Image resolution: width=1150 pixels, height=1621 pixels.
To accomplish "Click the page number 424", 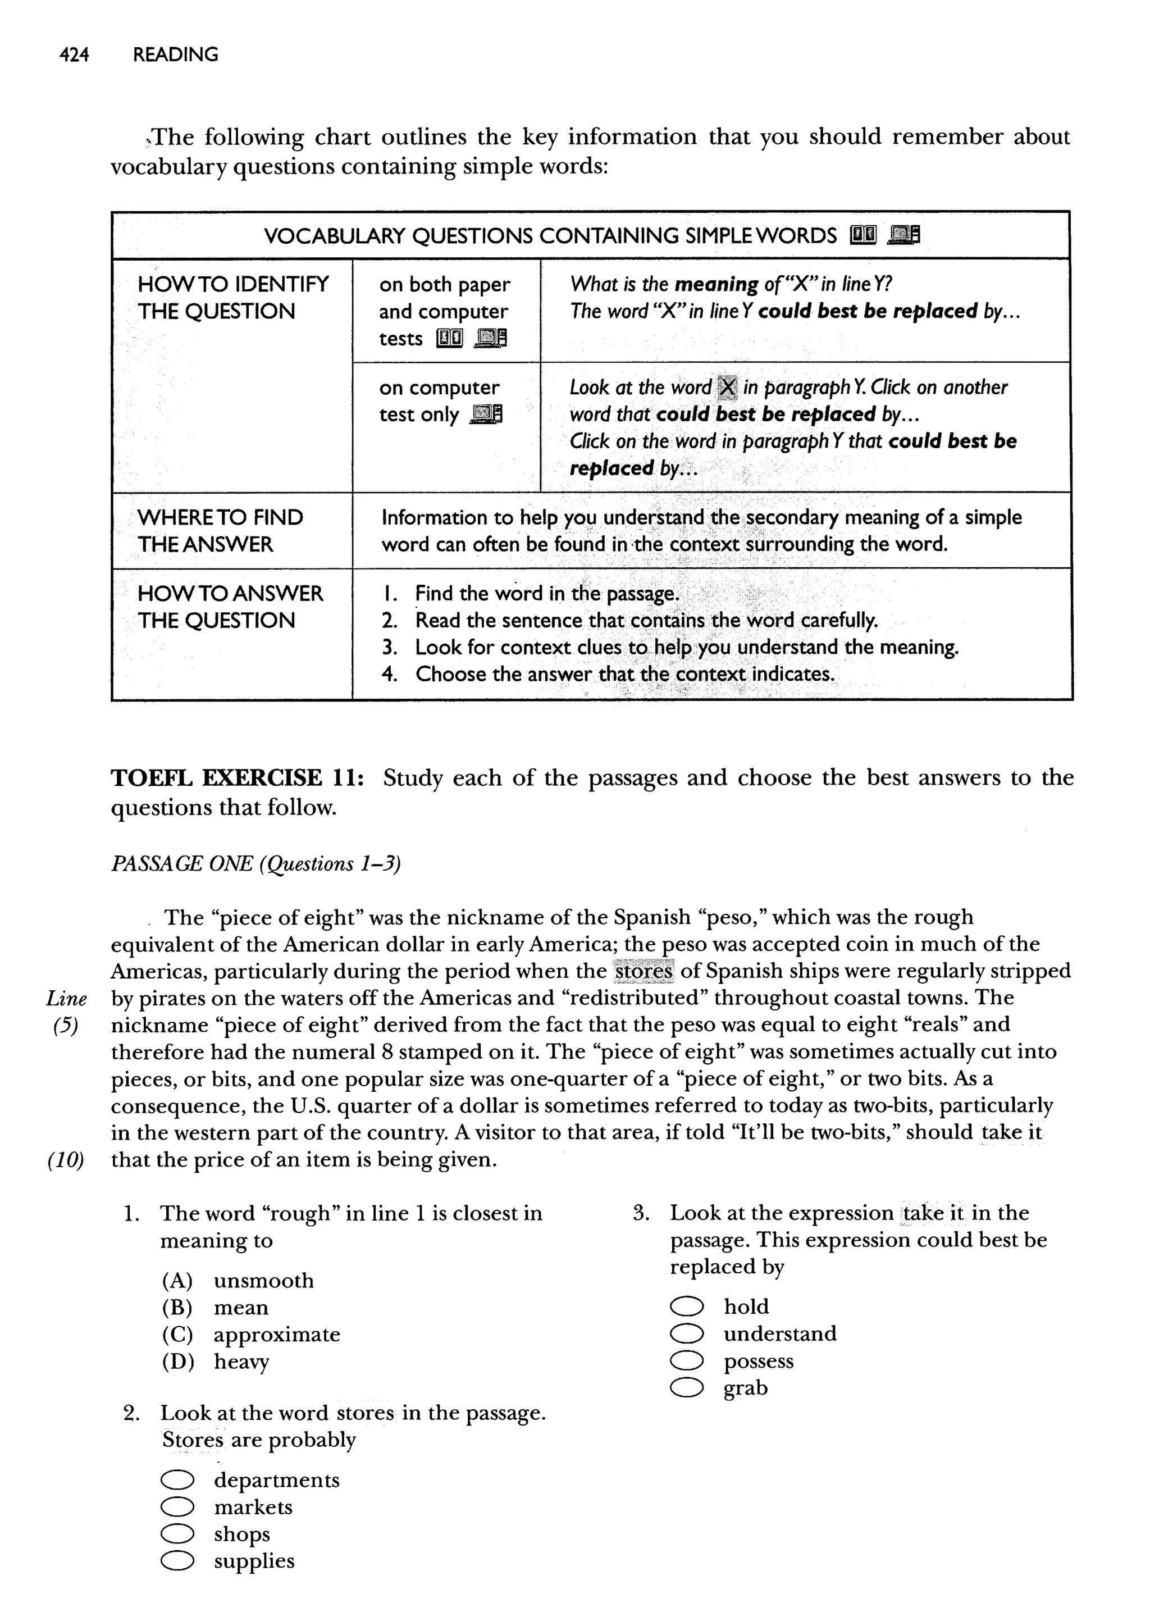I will click(74, 54).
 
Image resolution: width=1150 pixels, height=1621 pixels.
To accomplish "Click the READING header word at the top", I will click(176, 54).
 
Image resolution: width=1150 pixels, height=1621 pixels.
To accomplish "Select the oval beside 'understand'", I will click(686, 1334).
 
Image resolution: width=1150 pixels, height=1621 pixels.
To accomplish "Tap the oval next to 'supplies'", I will click(177, 1561).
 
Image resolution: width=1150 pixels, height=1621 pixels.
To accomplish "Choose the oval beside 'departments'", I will click(177, 1480).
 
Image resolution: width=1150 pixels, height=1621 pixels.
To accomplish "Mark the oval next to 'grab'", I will click(686, 1388).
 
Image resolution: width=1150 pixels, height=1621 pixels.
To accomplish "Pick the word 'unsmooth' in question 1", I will click(263, 1281).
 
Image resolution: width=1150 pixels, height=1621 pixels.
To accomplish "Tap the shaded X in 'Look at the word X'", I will click(727, 388).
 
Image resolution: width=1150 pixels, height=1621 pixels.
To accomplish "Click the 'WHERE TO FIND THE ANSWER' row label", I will click(220, 530).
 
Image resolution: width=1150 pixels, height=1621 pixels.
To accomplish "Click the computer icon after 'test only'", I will click(486, 415).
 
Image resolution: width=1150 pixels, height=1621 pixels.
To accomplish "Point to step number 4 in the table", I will click(389, 673).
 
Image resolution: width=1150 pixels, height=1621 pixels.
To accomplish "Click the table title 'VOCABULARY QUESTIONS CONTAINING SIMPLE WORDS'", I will click(550, 236).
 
